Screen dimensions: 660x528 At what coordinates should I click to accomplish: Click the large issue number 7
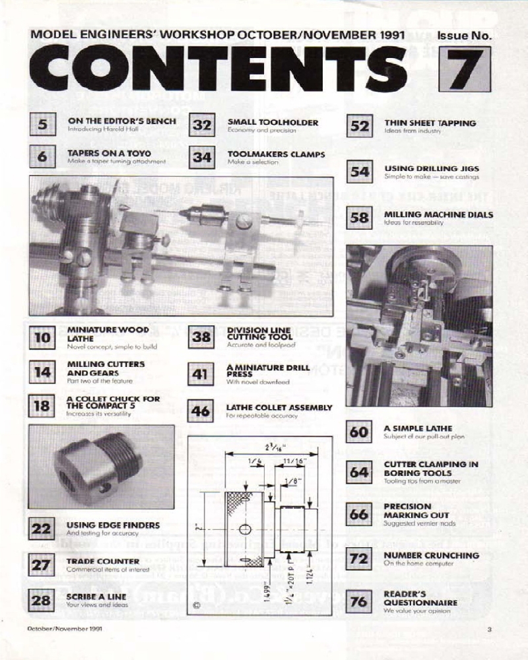[x=467, y=71]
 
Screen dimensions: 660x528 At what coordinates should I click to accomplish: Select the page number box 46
[x=200, y=411]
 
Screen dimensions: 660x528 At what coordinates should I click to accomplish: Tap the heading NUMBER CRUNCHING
[x=432, y=555]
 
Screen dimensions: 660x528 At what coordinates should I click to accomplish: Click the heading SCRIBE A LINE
[x=96, y=597]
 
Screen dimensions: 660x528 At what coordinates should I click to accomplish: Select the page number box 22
[x=42, y=528]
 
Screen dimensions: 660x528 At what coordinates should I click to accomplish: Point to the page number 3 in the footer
[x=489, y=629]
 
